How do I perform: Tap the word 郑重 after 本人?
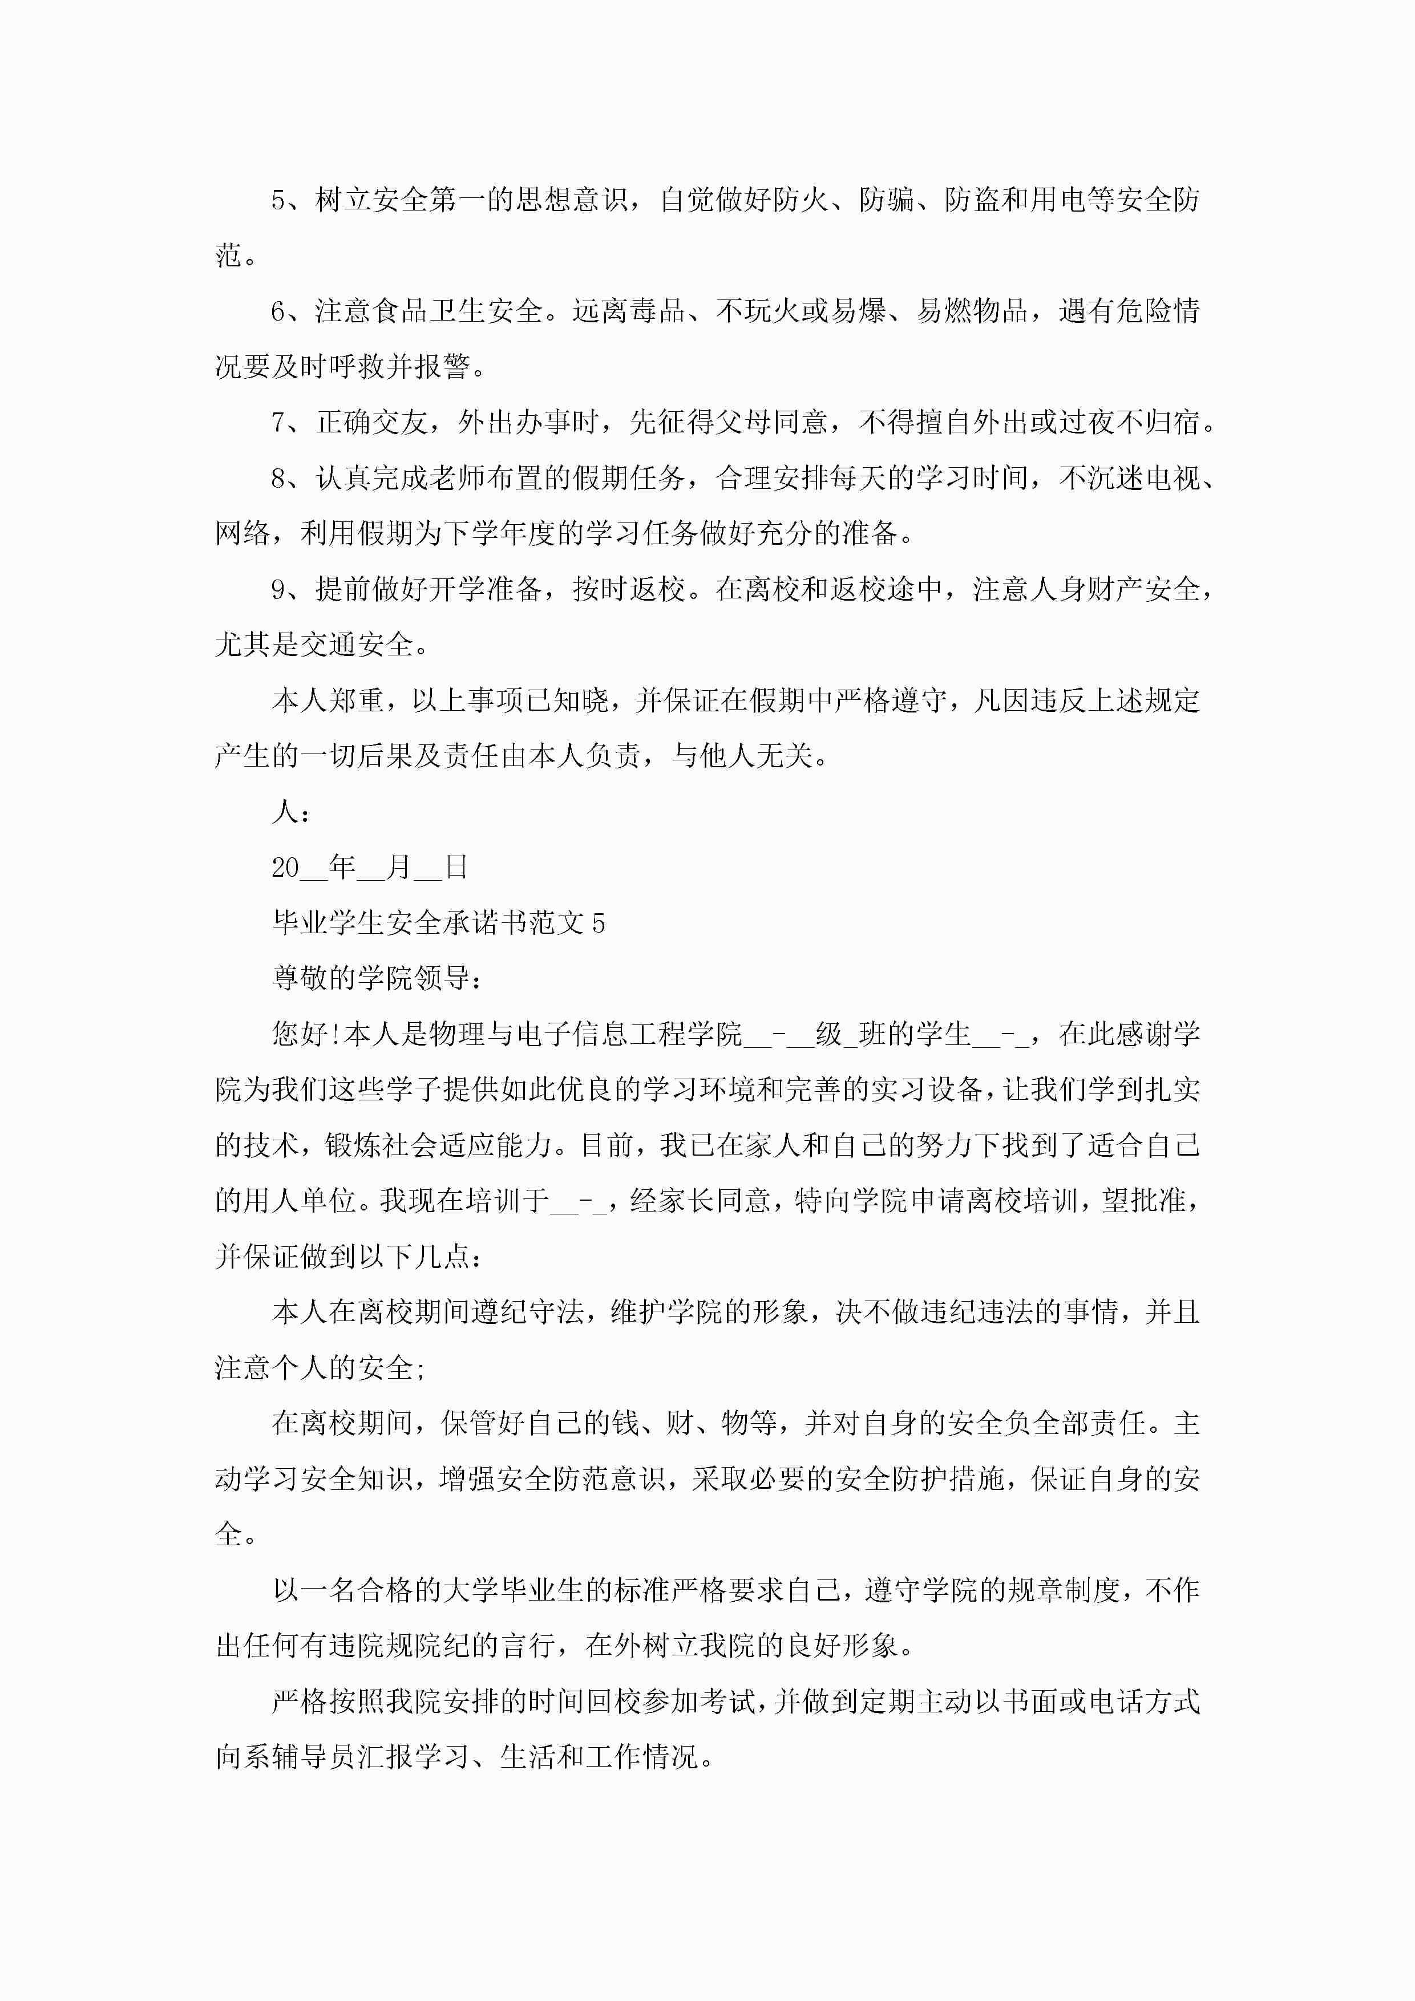click(357, 700)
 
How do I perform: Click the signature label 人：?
click(290, 812)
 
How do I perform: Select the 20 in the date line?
click(285, 868)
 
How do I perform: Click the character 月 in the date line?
click(398, 868)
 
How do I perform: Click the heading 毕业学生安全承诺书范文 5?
click(439, 923)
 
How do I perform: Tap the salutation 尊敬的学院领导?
click(376, 979)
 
